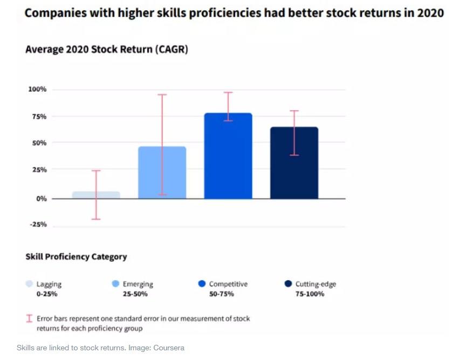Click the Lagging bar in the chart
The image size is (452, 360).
coord(96,195)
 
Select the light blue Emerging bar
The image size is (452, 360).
coord(162,173)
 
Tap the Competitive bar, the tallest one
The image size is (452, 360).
coord(228,156)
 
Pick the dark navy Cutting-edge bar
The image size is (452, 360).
coord(294,162)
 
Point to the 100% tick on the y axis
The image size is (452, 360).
coord(37,89)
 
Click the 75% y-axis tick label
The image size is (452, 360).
coord(39,117)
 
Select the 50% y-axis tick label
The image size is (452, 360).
coord(39,143)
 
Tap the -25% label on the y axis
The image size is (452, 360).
coord(38,225)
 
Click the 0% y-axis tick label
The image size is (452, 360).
coord(41,199)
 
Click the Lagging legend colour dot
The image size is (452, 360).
coord(30,283)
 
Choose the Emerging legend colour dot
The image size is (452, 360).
coord(115,283)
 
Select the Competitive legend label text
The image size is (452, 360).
coord(228,284)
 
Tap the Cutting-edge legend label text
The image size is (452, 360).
coord(316,284)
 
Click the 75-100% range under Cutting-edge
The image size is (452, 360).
coord(310,294)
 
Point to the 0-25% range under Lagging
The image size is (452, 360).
coord(47,294)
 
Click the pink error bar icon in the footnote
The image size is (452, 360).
coord(29,318)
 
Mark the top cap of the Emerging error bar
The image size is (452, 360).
coord(162,94)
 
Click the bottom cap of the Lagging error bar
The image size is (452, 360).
coord(96,219)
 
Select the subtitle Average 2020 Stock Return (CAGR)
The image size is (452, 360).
coord(107,49)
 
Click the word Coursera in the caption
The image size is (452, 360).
coord(169,348)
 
